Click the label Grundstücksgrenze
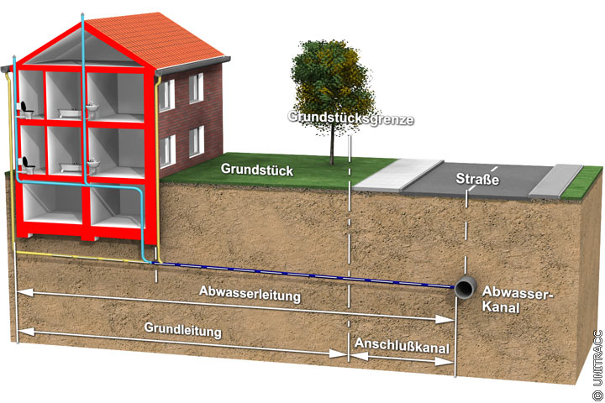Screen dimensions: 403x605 pyautogui.click(x=350, y=118)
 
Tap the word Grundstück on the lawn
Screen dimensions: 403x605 pyautogui.click(x=257, y=169)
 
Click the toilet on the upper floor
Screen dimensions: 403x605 pyautogui.click(x=29, y=107)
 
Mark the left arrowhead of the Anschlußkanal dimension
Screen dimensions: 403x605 pyautogui.click(x=353, y=356)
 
